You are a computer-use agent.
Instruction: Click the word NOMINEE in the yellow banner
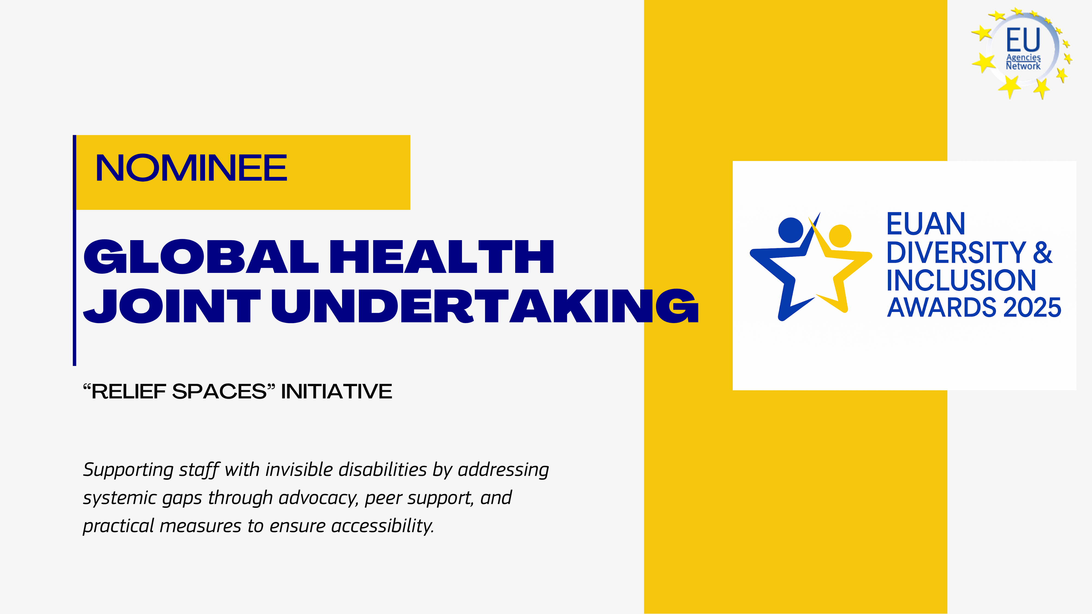192,168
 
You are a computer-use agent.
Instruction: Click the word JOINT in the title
172,306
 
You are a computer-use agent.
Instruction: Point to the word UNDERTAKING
485,306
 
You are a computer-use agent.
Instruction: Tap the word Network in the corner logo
1023,66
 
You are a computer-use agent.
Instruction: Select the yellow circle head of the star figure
840,236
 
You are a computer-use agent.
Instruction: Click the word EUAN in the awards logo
926,224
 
